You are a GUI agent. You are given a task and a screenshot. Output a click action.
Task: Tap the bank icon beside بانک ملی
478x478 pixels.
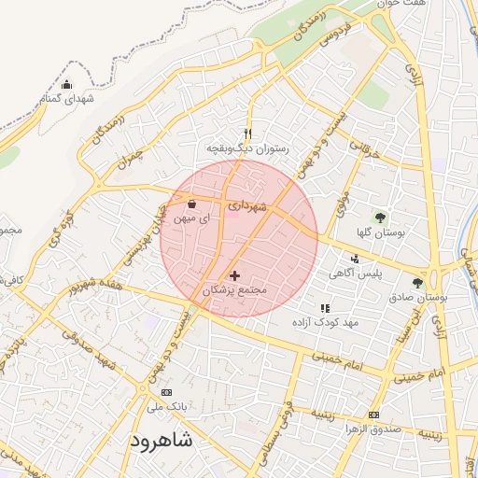(x=167, y=392)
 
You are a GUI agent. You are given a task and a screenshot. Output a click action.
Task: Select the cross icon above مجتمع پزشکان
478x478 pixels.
(x=234, y=276)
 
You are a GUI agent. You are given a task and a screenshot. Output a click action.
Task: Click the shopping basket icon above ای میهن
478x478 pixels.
(x=192, y=203)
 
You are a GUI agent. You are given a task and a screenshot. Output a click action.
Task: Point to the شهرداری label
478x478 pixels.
(x=247, y=204)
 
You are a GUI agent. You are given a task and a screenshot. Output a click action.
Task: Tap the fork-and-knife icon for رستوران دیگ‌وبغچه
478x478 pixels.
(x=247, y=134)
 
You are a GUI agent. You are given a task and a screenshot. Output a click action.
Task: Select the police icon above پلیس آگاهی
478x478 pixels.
(x=354, y=259)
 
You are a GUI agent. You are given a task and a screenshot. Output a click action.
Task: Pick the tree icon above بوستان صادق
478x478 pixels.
(x=417, y=282)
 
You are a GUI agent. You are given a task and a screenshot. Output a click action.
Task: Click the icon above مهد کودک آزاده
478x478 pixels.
(x=325, y=308)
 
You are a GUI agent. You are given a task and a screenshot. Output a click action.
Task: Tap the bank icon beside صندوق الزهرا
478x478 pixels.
(x=374, y=415)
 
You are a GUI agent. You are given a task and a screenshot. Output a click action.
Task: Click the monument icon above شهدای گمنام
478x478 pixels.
(x=65, y=85)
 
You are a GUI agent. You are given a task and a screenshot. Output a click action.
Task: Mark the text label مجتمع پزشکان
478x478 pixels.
(x=235, y=291)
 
